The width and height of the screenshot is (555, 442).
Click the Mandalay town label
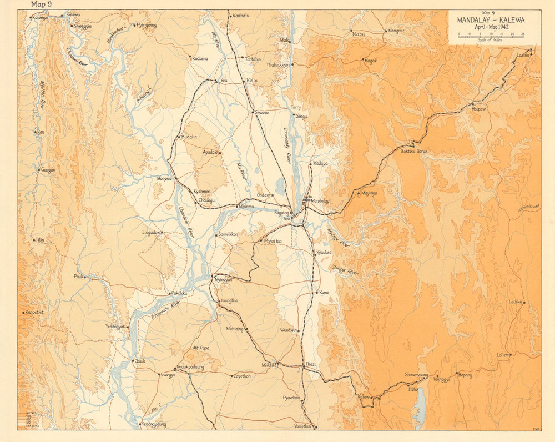[320, 200]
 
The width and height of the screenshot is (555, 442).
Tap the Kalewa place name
[73, 14]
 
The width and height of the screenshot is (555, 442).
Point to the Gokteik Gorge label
[413, 150]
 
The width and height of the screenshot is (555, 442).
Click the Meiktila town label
[269, 365]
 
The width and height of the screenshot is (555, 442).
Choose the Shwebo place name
[261, 113]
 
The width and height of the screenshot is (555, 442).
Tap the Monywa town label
[165, 178]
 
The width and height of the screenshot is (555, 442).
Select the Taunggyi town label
[441, 380]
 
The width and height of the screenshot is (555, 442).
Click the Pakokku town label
[179, 293]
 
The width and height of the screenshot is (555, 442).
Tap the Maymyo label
[369, 194]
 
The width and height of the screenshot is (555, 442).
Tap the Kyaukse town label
[324, 253]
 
